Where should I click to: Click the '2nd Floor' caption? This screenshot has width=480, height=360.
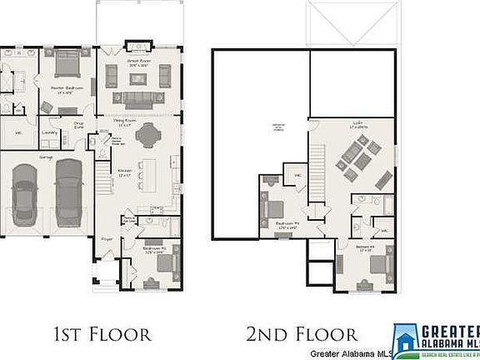click(x=301, y=335)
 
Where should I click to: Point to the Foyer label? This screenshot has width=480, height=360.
click(x=107, y=237)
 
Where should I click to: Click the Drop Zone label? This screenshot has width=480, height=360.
click(x=79, y=125)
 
